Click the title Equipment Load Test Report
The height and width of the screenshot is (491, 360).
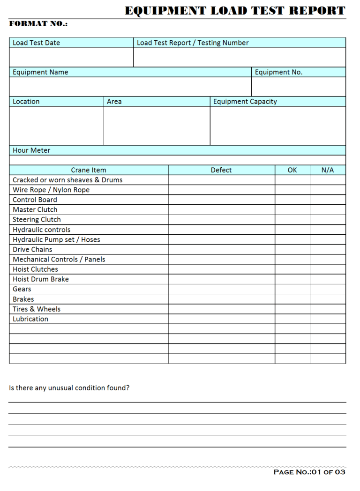point(235,11)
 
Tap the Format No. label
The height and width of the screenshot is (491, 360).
point(38,24)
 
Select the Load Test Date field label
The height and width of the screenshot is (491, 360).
point(36,43)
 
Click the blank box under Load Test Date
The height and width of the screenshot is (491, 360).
point(71,57)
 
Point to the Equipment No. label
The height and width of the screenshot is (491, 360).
point(278,72)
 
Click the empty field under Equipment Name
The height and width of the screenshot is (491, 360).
point(130,87)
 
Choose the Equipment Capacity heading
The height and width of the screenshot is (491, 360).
point(245,102)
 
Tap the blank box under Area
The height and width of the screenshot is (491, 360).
point(157,126)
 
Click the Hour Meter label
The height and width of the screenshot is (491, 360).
point(31,150)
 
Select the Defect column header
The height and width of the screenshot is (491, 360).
point(221,170)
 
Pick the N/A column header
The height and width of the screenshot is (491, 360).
point(328,170)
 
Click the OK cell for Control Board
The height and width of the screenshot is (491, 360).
point(292,200)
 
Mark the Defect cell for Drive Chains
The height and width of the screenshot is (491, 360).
point(221,249)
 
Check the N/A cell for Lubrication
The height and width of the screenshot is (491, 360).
point(328,319)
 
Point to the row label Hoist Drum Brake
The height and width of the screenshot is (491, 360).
point(41,279)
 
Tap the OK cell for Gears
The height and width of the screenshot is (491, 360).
point(292,289)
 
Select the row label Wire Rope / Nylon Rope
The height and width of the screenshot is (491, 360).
point(51,190)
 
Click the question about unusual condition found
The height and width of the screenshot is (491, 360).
point(69,388)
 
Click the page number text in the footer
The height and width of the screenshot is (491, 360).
point(309,472)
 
